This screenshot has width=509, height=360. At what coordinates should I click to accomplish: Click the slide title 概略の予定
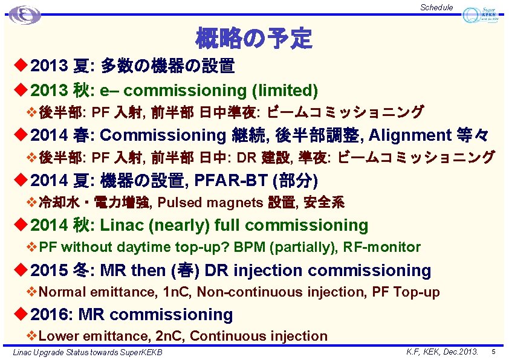click(253, 39)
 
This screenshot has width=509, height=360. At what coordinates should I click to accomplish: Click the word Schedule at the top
click(436, 7)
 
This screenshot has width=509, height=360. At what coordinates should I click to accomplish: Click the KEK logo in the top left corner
click(24, 14)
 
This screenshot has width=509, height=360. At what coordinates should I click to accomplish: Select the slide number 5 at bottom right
click(493, 351)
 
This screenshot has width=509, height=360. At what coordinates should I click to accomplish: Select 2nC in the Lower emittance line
click(169, 336)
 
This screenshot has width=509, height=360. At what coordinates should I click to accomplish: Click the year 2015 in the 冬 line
click(50, 270)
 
